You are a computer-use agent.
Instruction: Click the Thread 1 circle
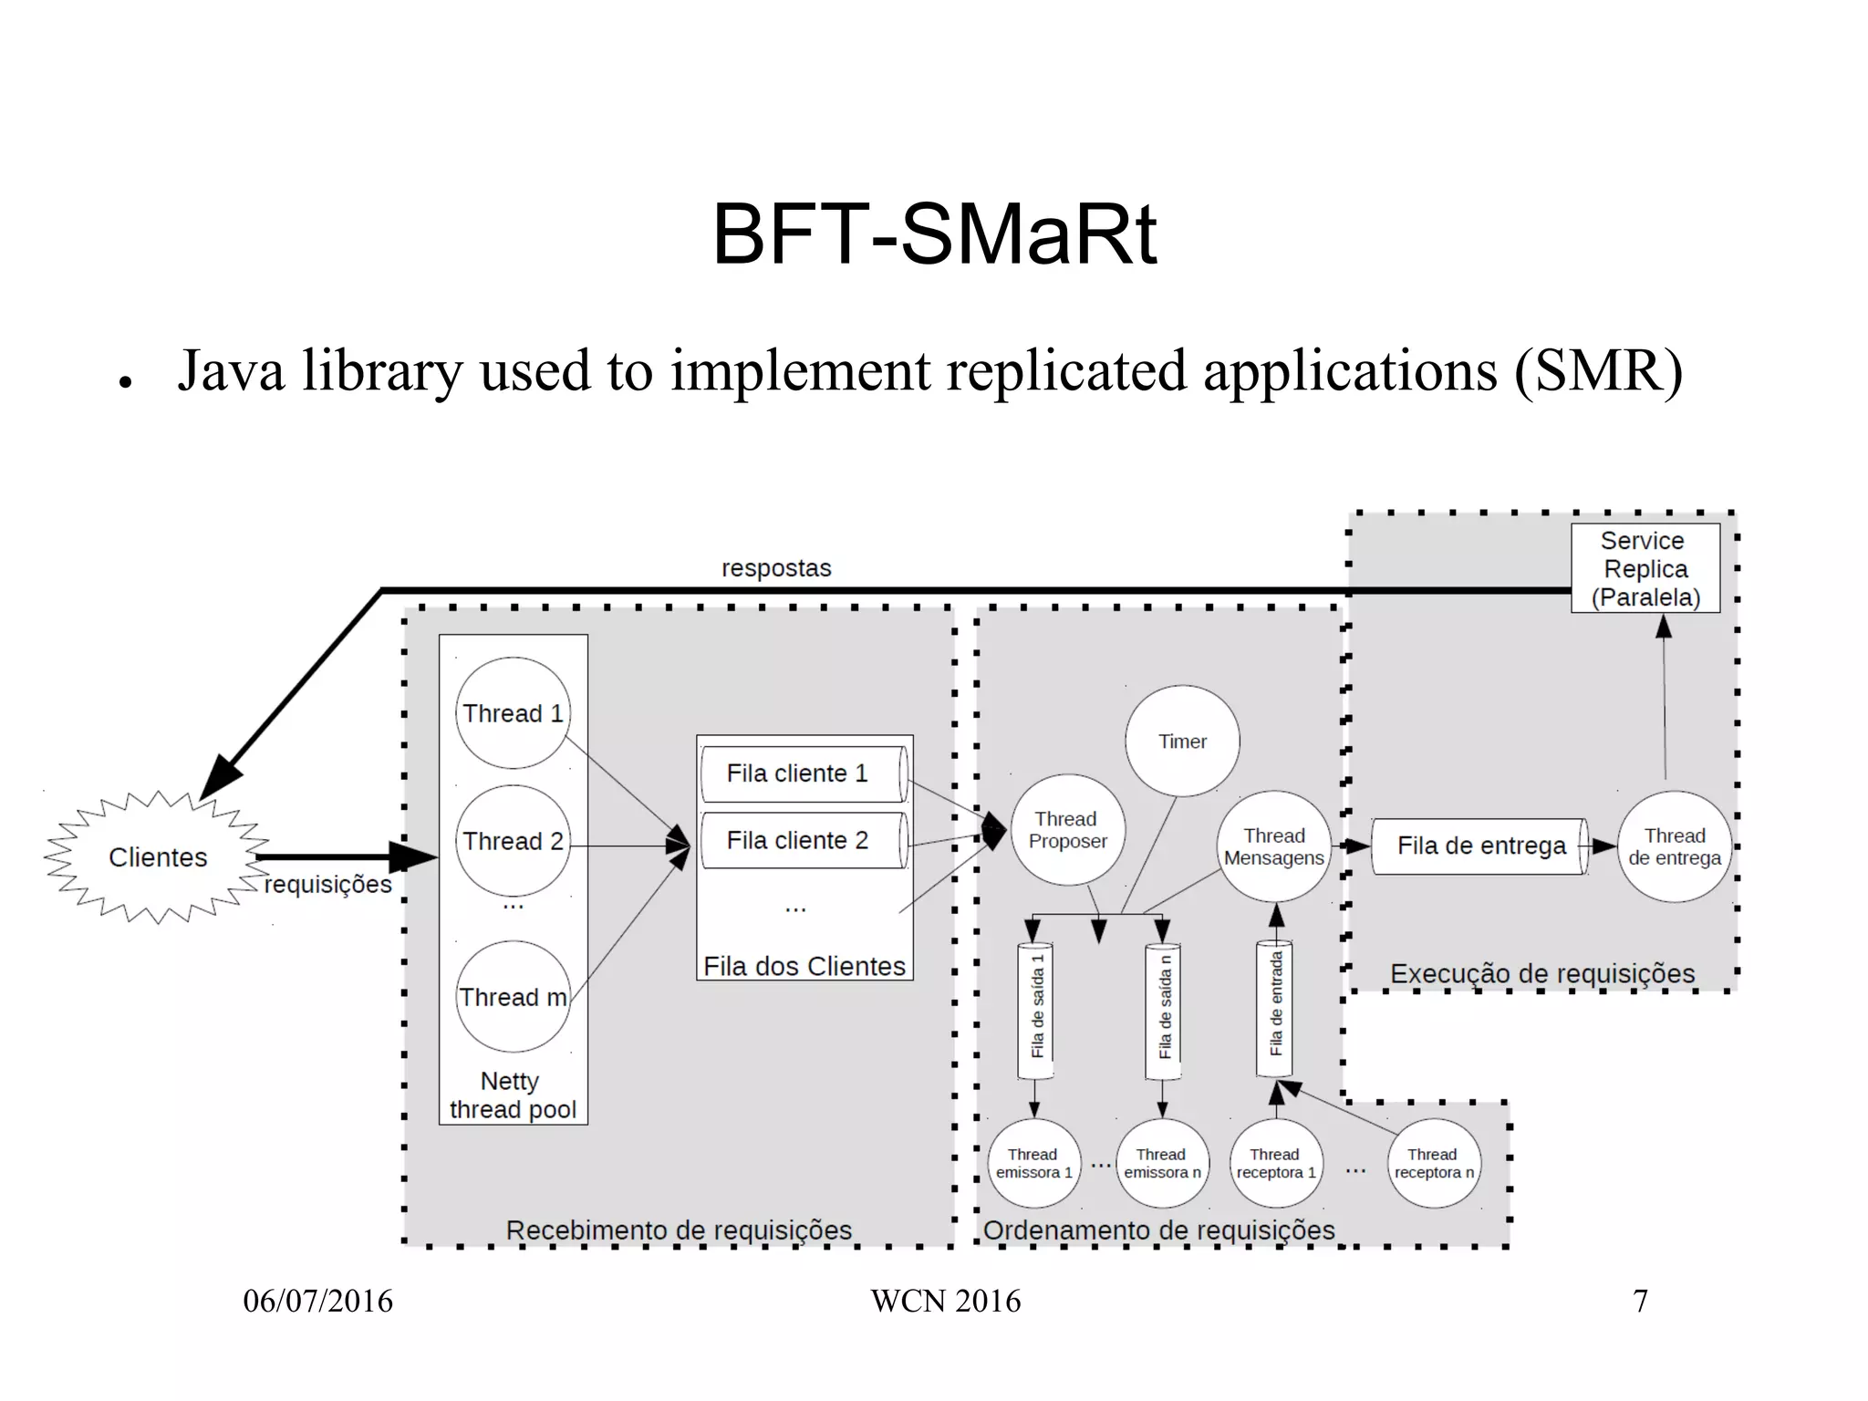click(x=513, y=713)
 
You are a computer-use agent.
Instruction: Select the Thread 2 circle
click(x=513, y=841)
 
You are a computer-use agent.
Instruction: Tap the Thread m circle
click(x=513, y=997)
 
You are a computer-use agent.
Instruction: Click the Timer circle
click(x=1182, y=742)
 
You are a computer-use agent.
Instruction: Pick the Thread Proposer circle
click(x=1067, y=830)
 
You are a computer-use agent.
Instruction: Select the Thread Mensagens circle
click(x=1274, y=846)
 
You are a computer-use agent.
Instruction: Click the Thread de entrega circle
click(x=1675, y=846)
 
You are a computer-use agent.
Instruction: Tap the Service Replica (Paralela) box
click(x=1645, y=568)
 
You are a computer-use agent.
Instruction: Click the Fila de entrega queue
click(x=1481, y=846)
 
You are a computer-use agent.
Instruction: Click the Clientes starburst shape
click(x=158, y=857)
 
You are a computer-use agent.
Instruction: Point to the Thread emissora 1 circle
click(x=1033, y=1163)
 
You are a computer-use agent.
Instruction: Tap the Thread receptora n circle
click(x=1433, y=1163)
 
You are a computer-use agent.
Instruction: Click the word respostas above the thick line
click(x=776, y=568)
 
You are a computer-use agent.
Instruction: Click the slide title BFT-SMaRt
click(x=934, y=235)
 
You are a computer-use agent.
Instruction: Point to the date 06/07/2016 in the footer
click(x=317, y=1301)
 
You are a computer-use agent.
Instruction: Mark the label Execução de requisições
click(x=1541, y=973)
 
